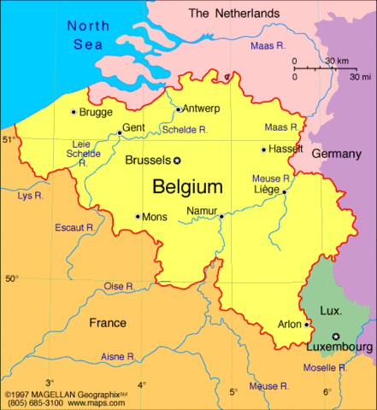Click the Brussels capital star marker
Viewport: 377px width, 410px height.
click(178, 161)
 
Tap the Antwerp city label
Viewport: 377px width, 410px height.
click(201, 108)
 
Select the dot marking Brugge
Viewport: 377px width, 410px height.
click(73, 112)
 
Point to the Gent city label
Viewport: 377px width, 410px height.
click(134, 128)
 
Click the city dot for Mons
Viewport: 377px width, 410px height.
click(138, 217)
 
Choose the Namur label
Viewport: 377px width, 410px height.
click(201, 211)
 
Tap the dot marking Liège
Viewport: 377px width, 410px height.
click(284, 192)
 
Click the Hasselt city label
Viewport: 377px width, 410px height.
click(286, 149)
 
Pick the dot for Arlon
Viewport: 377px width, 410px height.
click(307, 325)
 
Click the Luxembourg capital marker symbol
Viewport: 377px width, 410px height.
click(336, 336)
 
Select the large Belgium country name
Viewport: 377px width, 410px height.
click(187, 186)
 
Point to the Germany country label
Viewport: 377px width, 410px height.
click(336, 154)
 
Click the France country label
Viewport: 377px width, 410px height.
click(108, 323)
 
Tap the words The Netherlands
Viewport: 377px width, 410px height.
click(233, 14)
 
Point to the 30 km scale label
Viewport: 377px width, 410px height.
click(338, 61)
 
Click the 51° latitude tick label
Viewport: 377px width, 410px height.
click(9, 138)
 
